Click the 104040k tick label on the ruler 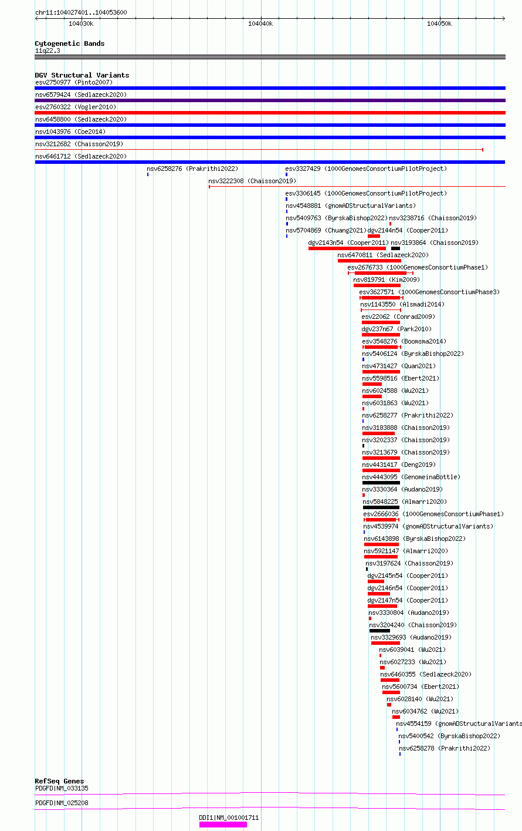click(260, 23)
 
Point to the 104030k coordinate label click(81, 23)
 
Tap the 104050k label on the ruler click(439, 23)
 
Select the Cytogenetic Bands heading click(70, 43)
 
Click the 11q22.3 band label click(48, 51)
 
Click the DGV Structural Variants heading click(82, 75)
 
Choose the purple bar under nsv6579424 click(270, 100)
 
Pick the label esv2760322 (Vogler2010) click(76, 107)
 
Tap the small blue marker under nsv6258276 click(148, 174)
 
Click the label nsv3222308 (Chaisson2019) click(252, 181)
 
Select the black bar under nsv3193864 click(396, 248)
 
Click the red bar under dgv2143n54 click(347, 248)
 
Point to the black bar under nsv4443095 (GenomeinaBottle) click(381, 483)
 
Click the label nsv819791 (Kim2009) click(387, 280)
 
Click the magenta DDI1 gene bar click(223, 825)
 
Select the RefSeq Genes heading click(59, 781)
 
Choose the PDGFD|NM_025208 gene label click(62, 803)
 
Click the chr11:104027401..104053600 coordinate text click(81, 12)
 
